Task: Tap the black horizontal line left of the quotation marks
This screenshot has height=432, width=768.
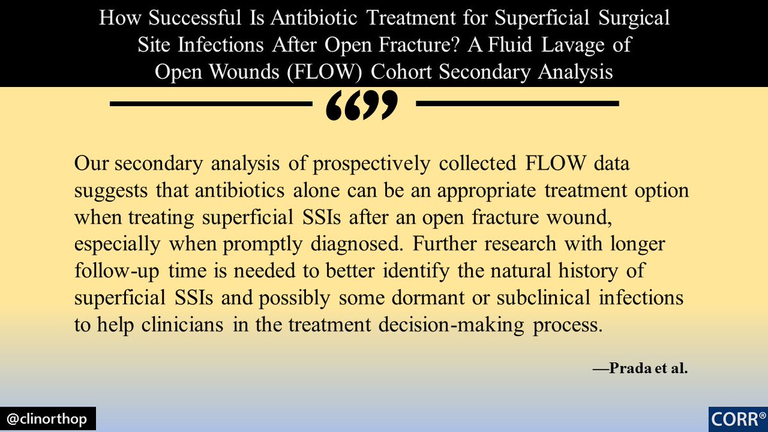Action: click(211, 104)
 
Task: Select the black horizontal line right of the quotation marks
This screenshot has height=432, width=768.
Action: click(518, 104)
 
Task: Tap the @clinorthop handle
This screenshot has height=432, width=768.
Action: click(49, 419)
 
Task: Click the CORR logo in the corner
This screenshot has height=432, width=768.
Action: click(736, 419)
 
